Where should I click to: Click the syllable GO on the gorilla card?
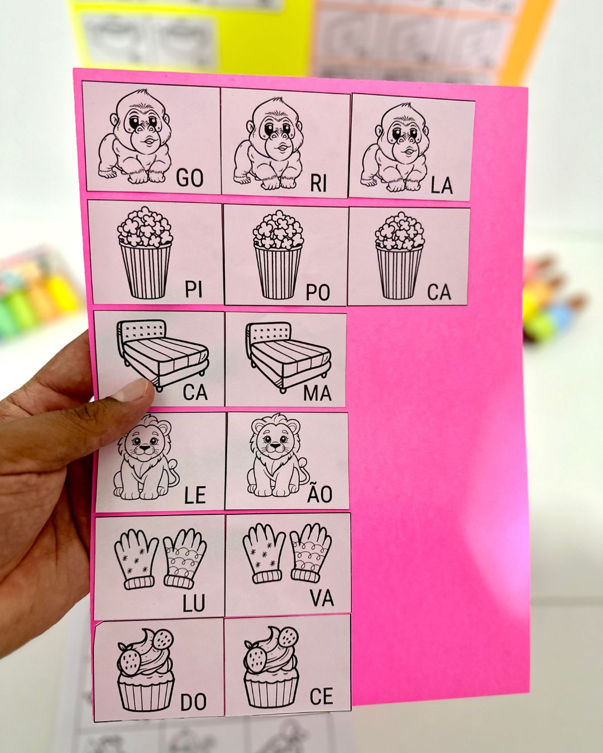coord(190,178)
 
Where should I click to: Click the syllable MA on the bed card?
coord(317,393)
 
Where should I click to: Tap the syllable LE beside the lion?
coord(195,495)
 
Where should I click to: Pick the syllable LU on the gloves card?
coord(193,602)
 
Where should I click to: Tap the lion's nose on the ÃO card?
coord(275,446)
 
